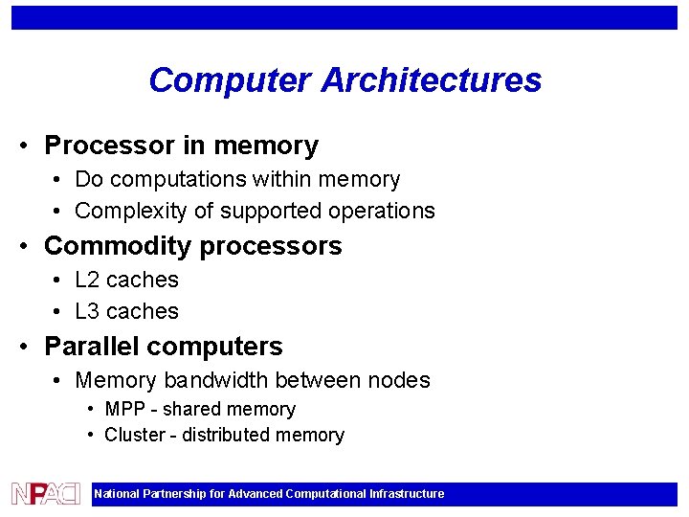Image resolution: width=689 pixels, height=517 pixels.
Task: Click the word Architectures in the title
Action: (432, 80)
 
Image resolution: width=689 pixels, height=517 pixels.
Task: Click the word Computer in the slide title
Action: (231, 80)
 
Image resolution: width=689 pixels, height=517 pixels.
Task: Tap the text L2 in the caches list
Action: (87, 280)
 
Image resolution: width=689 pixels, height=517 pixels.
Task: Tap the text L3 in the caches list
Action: (87, 311)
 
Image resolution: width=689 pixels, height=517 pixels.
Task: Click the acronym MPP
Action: (124, 409)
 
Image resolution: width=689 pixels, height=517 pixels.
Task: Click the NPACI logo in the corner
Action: (45, 494)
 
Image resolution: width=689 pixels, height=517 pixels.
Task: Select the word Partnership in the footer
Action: (174, 494)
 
